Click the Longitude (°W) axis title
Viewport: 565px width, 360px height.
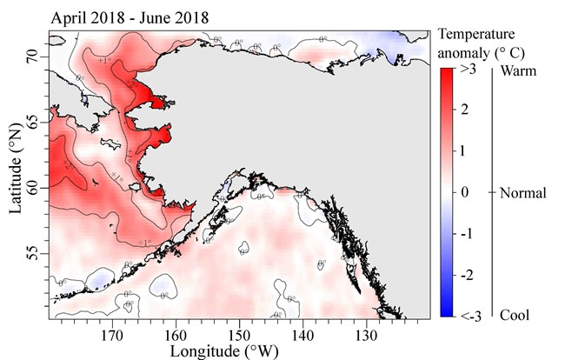[240, 350]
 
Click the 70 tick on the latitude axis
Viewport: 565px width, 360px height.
[37, 57]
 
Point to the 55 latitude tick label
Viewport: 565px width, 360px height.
[37, 253]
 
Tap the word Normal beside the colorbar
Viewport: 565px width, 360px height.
[523, 193]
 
